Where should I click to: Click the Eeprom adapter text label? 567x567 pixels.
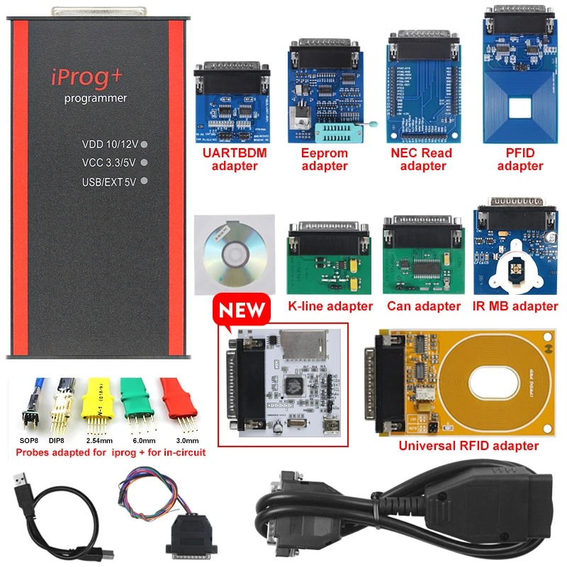[325, 159]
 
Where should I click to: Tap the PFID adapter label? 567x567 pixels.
[520, 159]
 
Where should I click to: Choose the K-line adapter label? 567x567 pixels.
[330, 306]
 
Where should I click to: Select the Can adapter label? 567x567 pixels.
[424, 306]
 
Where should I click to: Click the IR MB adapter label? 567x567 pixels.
[515, 306]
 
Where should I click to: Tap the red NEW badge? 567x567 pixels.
[243, 310]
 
